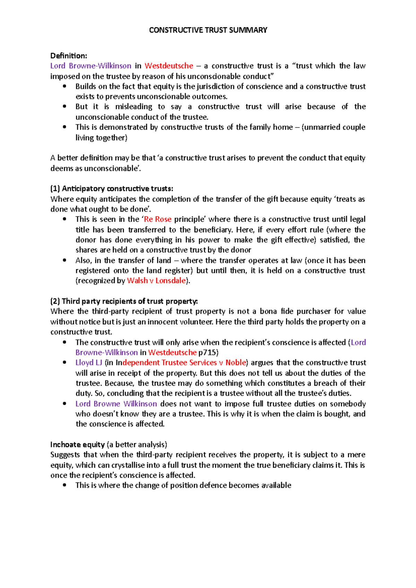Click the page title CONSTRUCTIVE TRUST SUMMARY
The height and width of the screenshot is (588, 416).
(x=208, y=30)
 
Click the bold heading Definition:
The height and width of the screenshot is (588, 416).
(x=69, y=56)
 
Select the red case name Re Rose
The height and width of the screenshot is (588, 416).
(x=158, y=219)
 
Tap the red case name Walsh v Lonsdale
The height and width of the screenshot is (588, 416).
(x=156, y=280)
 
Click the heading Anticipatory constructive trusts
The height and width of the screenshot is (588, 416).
(x=111, y=189)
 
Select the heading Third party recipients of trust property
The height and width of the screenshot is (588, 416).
(x=124, y=301)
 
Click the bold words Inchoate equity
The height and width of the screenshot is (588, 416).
(x=77, y=444)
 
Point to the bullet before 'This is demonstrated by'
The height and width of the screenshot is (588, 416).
(x=64, y=127)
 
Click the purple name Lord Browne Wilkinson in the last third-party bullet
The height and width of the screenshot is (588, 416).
(x=116, y=404)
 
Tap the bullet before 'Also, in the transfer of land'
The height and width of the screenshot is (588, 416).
(x=64, y=260)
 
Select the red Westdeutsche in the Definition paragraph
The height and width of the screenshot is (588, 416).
(x=169, y=66)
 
